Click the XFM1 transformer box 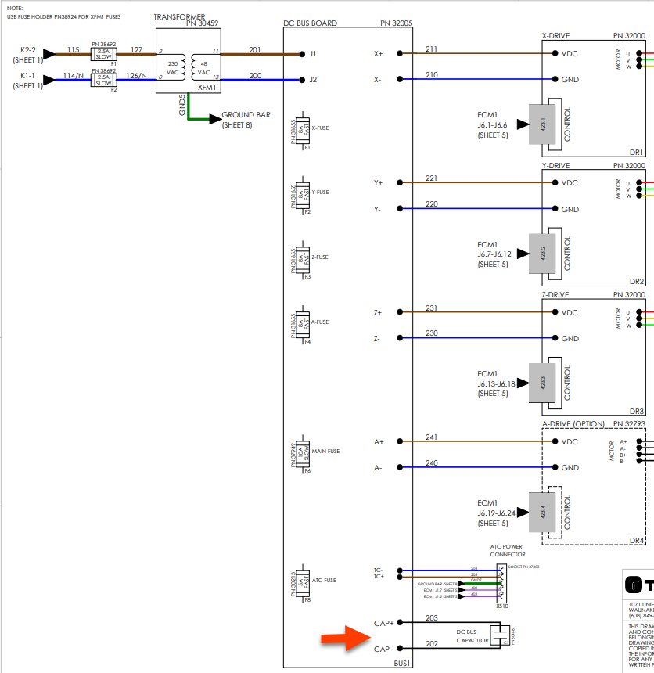(x=187, y=62)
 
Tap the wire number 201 (x=255, y=49)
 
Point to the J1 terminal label (x=313, y=54)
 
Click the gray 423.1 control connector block (x=542, y=124)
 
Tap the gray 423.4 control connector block (x=542, y=513)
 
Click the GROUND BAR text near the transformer (x=246, y=114)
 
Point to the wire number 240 (x=431, y=463)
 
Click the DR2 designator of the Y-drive (x=636, y=282)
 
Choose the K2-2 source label (x=27, y=50)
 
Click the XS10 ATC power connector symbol (x=501, y=583)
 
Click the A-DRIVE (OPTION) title (x=573, y=424)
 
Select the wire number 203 (x=431, y=618)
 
